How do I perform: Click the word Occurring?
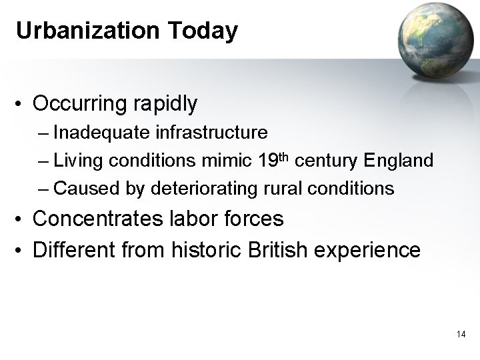[x=80, y=104]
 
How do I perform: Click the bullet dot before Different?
[x=21, y=251]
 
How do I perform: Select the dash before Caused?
[x=44, y=189]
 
